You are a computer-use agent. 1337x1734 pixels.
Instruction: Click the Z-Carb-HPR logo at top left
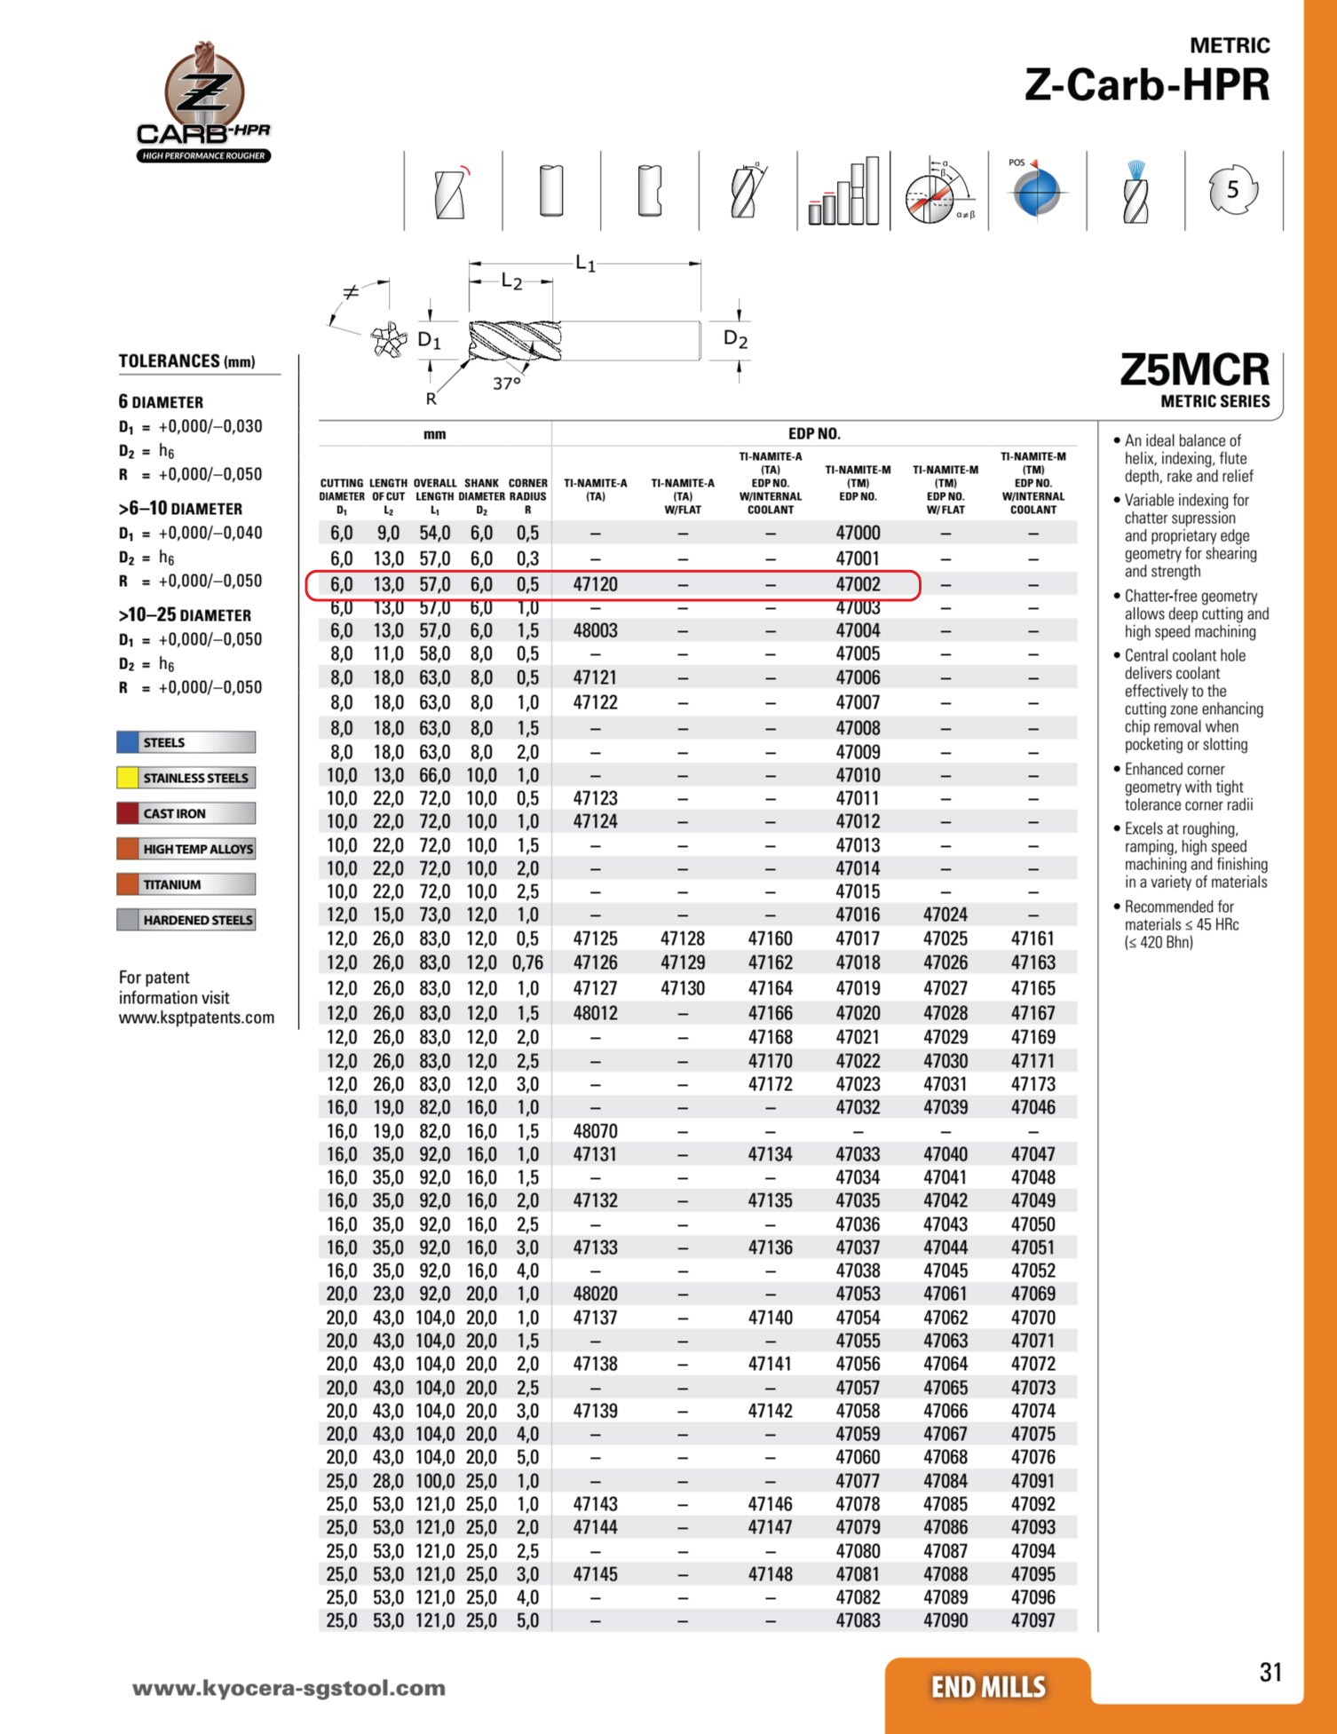click(203, 102)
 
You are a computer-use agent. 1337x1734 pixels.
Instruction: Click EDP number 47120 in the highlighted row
click(595, 584)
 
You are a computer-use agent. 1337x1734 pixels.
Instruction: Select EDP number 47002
click(858, 584)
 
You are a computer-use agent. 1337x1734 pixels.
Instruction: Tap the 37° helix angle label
click(507, 384)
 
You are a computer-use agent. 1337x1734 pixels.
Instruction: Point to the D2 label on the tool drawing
click(736, 338)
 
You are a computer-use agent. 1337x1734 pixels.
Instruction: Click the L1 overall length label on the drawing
click(586, 263)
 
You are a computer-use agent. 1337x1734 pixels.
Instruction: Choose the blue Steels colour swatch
click(128, 742)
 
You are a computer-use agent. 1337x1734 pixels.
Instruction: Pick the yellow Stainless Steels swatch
click(128, 778)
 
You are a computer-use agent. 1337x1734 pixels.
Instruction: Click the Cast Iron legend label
click(174, 813)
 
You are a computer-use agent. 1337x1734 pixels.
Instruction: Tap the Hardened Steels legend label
click(197, 920)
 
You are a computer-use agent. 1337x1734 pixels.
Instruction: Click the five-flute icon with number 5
click(1232, 189)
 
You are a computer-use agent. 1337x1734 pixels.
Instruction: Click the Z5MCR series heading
click(1194, 369)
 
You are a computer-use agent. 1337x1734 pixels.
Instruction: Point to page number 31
click(1270, 1673)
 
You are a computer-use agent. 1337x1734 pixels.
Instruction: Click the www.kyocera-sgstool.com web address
click(289, 1688)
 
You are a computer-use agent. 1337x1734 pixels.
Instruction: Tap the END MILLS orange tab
click(988, 1686)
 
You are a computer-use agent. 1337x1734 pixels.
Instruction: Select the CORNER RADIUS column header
click(527, 496)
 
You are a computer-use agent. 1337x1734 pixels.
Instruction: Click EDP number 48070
click(595, 1131)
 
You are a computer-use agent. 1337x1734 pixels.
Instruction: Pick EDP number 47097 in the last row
click(1033, 1620)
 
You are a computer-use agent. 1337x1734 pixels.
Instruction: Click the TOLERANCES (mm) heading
click(186, 360)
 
